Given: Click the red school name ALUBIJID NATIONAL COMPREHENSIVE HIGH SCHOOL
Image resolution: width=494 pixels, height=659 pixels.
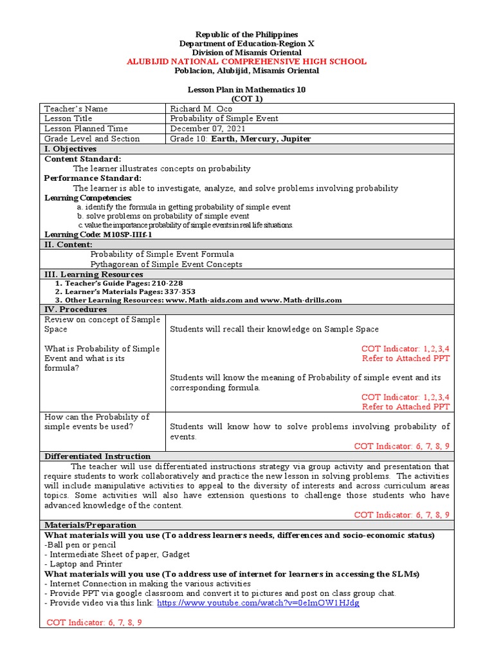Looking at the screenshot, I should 246,62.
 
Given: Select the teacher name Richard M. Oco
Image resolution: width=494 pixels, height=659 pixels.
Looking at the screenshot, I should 201,109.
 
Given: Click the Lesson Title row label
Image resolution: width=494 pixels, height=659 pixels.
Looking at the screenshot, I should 68,119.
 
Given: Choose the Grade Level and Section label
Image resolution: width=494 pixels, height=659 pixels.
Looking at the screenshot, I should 91,138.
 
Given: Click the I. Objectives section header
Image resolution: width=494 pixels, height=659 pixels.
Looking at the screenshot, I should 70,149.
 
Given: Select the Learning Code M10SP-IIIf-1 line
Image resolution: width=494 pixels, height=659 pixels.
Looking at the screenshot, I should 98,235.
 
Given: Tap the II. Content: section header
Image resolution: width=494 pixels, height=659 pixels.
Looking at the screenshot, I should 68,245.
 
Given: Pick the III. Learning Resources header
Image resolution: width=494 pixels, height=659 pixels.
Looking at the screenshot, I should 93,274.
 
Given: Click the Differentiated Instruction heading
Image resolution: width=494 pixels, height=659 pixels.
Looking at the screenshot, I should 97,456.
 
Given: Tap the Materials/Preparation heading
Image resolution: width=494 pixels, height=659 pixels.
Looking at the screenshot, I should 90,525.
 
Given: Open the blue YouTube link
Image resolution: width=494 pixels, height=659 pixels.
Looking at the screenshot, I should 258,603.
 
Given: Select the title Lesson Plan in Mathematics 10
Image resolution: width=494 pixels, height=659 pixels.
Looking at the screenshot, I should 246,90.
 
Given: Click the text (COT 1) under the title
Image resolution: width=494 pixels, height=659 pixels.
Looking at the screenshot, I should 247,99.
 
